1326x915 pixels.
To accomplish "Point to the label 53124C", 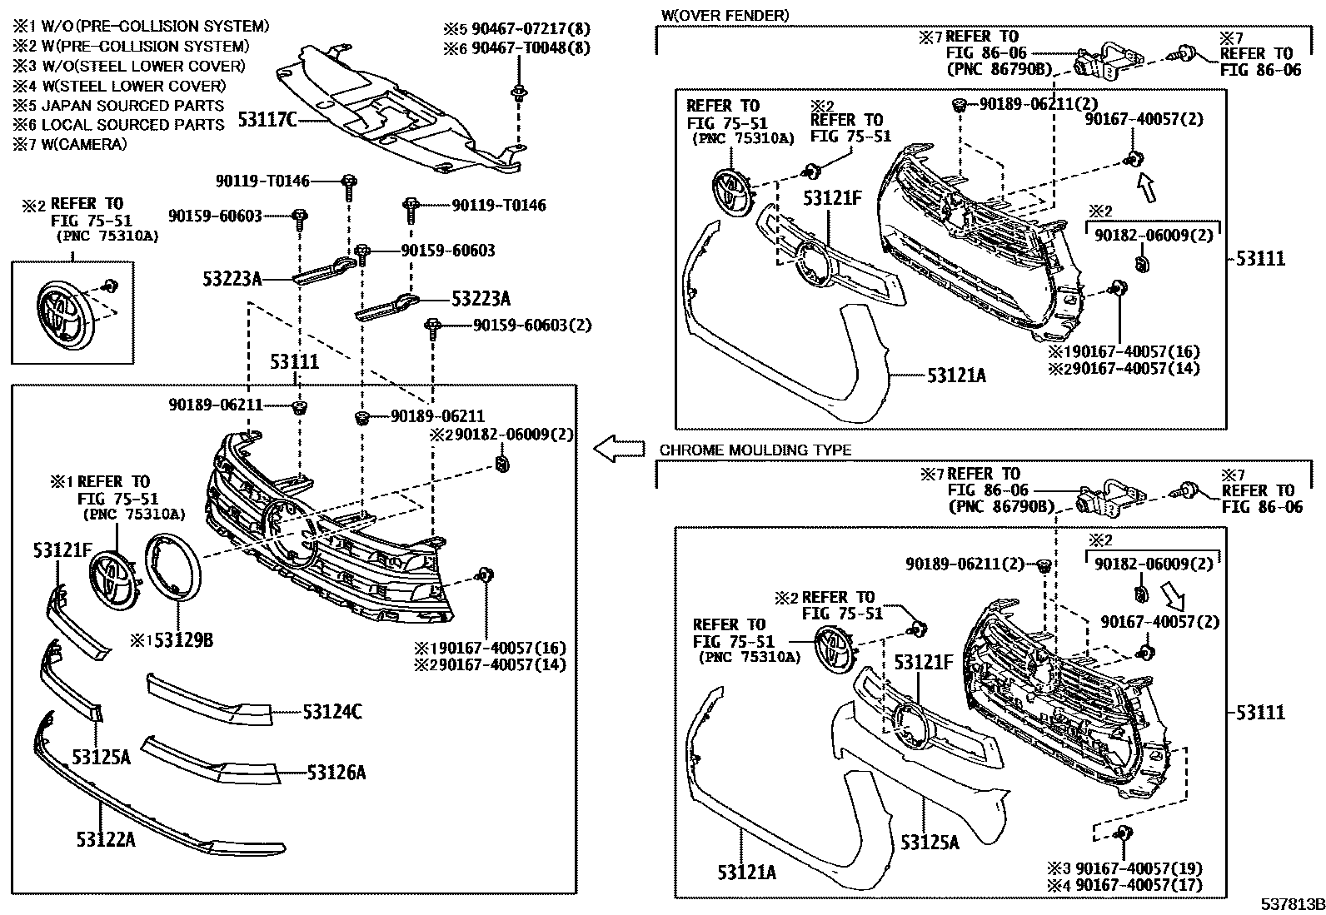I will tap(332, 712).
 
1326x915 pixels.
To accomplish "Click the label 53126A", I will tap(336, 773).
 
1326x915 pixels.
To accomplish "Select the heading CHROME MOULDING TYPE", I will tap(755, 450).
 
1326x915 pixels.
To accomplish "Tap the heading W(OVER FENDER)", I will tap(724, 15).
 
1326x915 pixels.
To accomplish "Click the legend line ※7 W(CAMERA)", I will tap(69, 144).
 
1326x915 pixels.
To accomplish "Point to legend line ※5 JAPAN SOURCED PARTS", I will tap(117, 105).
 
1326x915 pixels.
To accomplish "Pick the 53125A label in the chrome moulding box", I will tap(930, 843).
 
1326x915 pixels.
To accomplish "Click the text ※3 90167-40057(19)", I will tap(1139, 868).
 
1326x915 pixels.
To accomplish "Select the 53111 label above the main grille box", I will tap(294, 362).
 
